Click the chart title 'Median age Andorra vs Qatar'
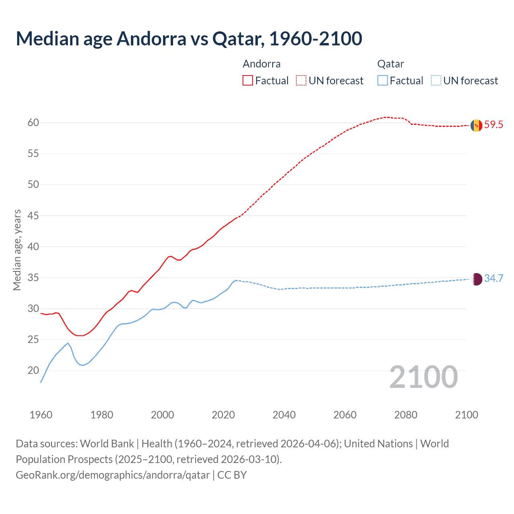pyautogui.click(x=189, y=39)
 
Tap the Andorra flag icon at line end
pyautogui.click(x=476, y=126)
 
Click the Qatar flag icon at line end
pyautogui.click(x=476, y=279)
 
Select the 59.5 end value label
pyautogui.click(x=494, y=125)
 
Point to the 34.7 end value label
pyautogui.click(x=494, y=279)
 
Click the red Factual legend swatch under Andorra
pyautogui.click(x=248, y=81)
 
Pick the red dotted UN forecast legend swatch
pyautogui.click(x=301, y=81)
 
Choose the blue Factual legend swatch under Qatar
pyautogui.click(x=383, y=81)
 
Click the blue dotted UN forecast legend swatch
pyautogui.click(x=436, y=81)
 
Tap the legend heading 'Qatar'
pyautogui.click(x=390, y=64)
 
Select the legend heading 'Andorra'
pyautogui.click(x=261, y=64)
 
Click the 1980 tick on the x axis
pyautogui.click(x=102, y=415)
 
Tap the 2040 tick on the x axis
pyautogui.click(x=284, y=415)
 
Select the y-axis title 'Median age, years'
pyautogui.click(x=17, y=250)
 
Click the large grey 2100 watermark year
pyautogui.click(x=423, y=377)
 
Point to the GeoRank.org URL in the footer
pyautogui.click(x=112, y=475)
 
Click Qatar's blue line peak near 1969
pyautogui.click(x=68, y=343)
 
